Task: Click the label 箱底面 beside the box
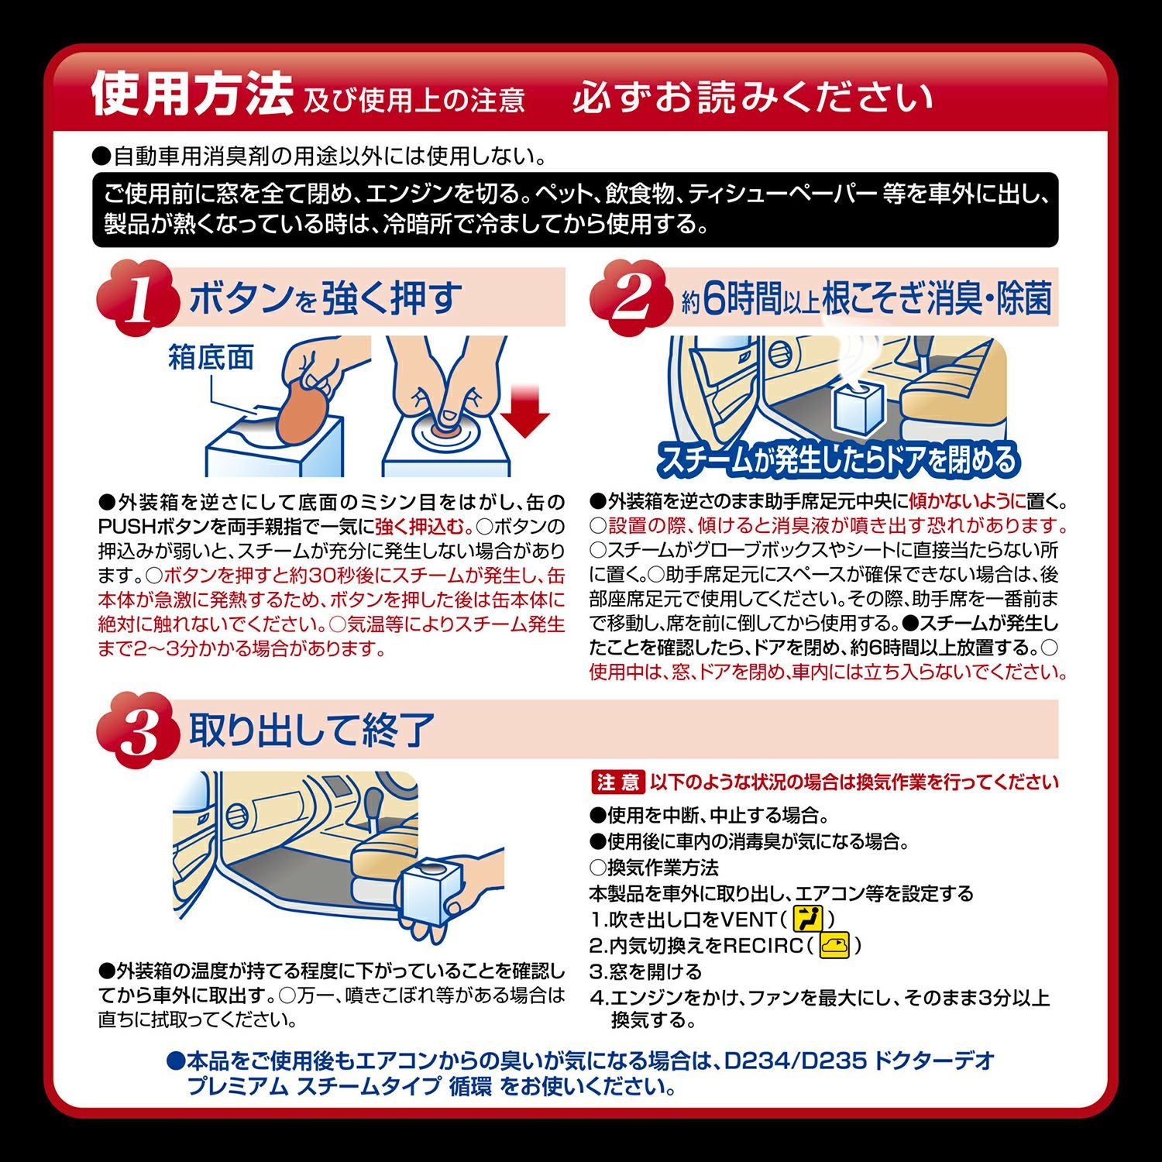[211, 358]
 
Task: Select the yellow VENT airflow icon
[807, 920]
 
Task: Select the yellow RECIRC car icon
[834, 945]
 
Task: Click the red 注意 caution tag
[617, 782]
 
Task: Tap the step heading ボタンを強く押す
[325, 298]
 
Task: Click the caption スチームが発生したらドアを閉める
[837, 459]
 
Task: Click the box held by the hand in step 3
[431, 891]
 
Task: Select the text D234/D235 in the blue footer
[795, 1060]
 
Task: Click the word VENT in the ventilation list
[748, 920]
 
